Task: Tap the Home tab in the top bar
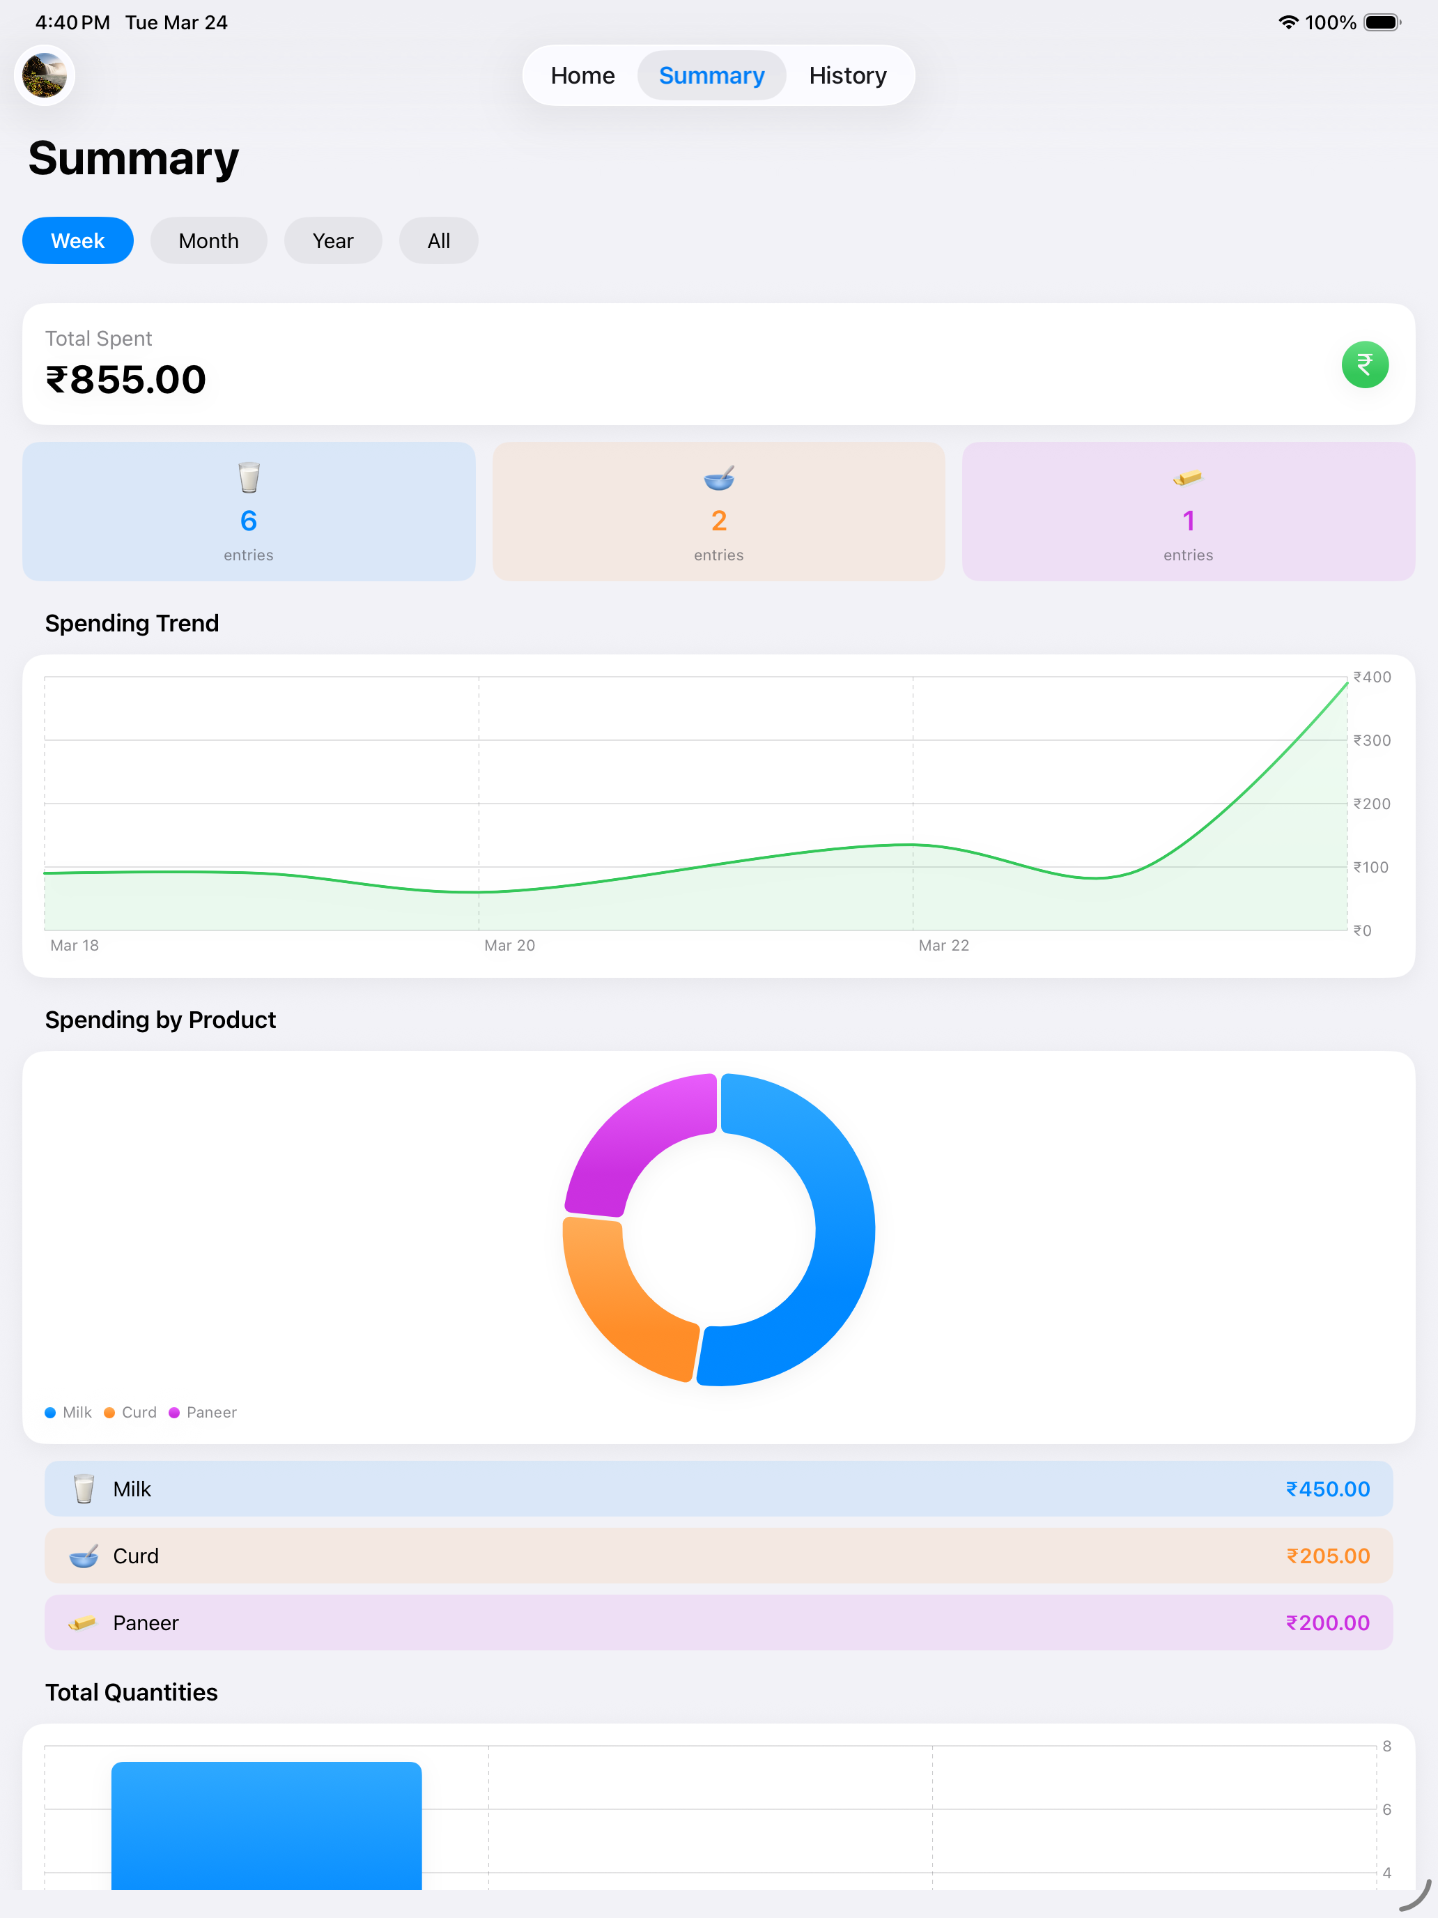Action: [x=582, y=75]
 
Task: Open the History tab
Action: [x=848, y=75]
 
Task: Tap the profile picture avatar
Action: [x=44, y=75]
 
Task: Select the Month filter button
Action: [x=209, y=240]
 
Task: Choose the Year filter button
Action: [x=333, y=240]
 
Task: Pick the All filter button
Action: [x=439, y=240]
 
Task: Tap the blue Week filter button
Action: [x=78, y=240]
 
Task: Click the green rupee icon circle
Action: [x=1364, y=365]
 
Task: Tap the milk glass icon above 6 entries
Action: [x=249, y=477]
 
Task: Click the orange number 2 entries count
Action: [x=718, y=520]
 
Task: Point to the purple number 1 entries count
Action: [x=1189, y=520]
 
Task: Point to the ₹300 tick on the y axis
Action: [x=1372, y=740]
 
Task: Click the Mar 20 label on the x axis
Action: [x=510, y=945]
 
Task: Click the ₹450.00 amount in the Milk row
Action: [x=1328, y=1489]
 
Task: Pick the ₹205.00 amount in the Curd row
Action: [x=1328, y=1556]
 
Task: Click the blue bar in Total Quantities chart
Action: [x=266, y=1826]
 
